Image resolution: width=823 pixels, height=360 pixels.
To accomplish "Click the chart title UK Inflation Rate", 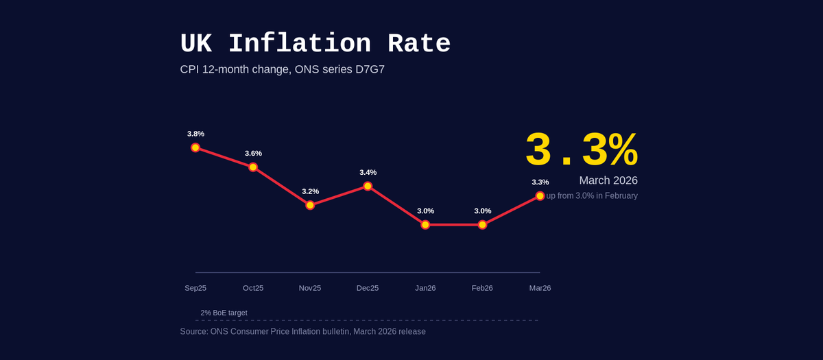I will [x=315, y=44].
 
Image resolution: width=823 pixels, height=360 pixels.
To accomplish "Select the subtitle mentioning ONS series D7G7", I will [x=282, y=69].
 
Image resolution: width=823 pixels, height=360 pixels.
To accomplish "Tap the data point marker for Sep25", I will [x=195, y=147].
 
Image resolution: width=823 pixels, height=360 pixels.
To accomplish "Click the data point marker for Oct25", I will [x=253, y=167].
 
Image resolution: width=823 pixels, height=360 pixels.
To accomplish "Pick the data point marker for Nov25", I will [x=310, y=205].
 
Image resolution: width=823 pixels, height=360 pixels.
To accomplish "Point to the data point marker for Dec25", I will [x=368, y=186].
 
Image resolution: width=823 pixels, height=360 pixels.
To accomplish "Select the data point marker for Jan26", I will [x=425, y=224].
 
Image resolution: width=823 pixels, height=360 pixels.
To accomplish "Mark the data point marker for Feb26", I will [x=483, y=224].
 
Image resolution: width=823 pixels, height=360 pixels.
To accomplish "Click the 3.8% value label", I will [x=195, y=134].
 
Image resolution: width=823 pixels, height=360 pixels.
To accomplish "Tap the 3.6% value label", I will [x=253, y=153].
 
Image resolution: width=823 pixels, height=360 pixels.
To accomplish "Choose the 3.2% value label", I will [x=310, y=191].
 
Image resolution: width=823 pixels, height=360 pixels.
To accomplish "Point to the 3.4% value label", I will [x=368, y=172].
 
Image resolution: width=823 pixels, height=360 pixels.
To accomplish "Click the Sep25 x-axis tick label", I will [x=195, y=288].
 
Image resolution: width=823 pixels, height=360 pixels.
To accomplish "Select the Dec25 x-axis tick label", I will [x=368, y=288].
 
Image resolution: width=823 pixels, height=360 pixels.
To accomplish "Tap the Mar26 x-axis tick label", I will [x=540, y=288].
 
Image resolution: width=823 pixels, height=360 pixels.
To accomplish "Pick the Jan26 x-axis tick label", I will [x=425, y=288].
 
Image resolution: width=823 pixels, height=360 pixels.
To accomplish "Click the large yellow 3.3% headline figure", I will [x=581, y=150].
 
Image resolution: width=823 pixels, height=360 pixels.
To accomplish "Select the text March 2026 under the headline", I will [x=608, y=180].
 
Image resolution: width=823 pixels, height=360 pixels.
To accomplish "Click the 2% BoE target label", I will [x=224, y=313].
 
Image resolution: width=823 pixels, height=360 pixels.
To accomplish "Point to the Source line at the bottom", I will [x=302, y=332].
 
